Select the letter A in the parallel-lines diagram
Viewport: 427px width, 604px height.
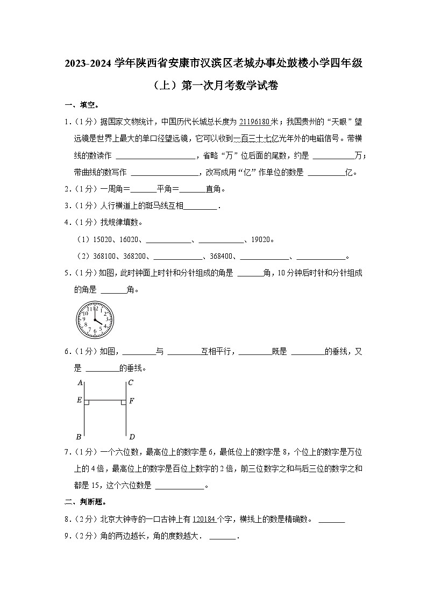pyautogui.click(x=80, y=383)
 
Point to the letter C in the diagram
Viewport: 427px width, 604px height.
pyautogui.click(x=131, y=383)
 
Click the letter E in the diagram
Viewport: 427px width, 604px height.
pyautogui.click(x=79, y=401)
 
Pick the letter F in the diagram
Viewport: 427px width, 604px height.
pyautogui.click(x=132, y=401)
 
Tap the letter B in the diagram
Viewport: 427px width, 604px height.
pyautogui.click(x=80, y=436)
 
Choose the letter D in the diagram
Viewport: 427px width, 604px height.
pyautogui.click(x=131, y=436)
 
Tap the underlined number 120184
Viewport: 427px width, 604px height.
pyautogui.click(x=204, y=520)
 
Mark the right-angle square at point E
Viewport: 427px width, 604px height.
pyautogui.click(x=87, y=402)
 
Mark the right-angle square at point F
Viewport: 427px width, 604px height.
pyautogui.click(x=123, y=402)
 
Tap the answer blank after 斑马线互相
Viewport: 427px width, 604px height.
pyautogui.click(x=201, y=206)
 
